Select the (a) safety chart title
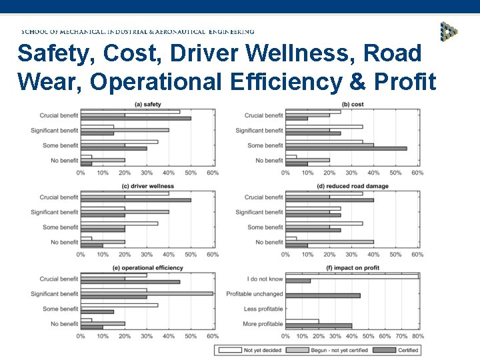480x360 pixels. click(x=147, y=104)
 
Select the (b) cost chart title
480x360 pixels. click(x=352, y=104)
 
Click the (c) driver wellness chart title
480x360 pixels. click(x=147, y=186)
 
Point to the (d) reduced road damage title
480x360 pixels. click(x=352, y=186)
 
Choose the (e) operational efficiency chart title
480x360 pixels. click(x=147, y=267)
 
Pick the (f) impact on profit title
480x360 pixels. click(x=352, y=267)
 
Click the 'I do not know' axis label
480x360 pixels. click(x=264, y=279)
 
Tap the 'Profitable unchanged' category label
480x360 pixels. click(x=255, y=294)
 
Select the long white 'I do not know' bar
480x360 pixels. click(x=351, y=276)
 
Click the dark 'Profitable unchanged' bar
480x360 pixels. click(x=323, y=295)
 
